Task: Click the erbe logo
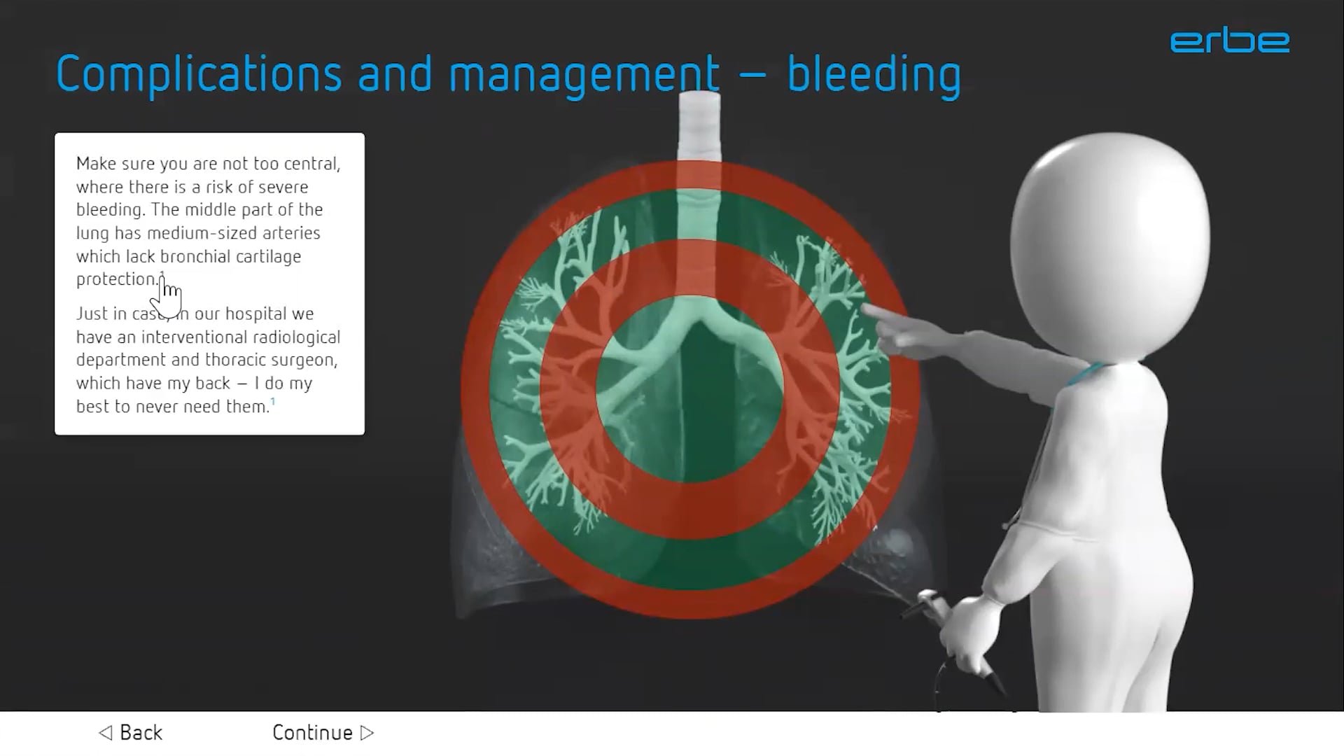click(x=1229, y=41)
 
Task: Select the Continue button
click(x=323, y=732)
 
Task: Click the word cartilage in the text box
click(x=268, y=256)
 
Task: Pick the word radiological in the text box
click(x=297, y=337)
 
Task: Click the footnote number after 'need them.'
click(x=273, y=401)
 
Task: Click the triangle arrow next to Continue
click(x=367, y=733)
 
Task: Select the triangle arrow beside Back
click(x=106, y=733)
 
